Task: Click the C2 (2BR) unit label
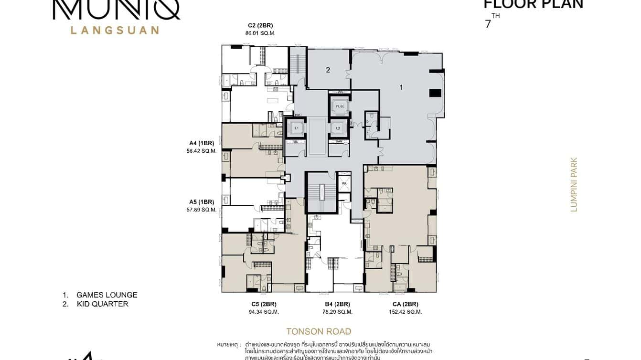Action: pos(260,25)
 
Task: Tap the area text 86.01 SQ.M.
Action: pos(260,33)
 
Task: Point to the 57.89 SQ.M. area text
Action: pos(202,210)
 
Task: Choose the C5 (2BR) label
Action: pos(264,304)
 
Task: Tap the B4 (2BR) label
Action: pos(337,304)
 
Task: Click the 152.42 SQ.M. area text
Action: pos(406,312)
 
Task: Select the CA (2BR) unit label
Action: pos(406,304)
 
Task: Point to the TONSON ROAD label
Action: pos(319,331)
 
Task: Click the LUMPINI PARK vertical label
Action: pos(574,184)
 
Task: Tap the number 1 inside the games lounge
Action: pos(401,87)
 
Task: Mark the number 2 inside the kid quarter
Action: pos(328,70)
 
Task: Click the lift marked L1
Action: pos(296,128)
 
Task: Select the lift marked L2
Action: pos(338,128)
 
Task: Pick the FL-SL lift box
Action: pos(340,106)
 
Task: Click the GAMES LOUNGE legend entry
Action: pos(107,295)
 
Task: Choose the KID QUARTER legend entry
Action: pos(102,304)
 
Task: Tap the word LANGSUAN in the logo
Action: pos(115,30)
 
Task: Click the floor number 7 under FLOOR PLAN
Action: pos(488,24)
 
